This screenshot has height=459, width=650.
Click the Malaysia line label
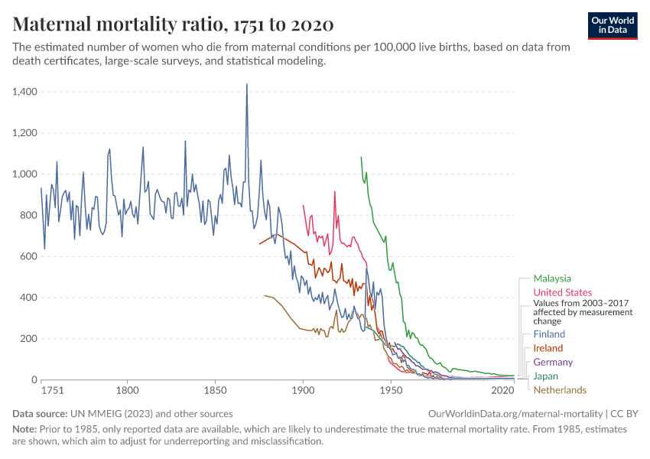coord(552,278)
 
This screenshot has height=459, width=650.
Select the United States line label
coord(562,292)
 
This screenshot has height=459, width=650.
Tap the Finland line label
coord(549,334)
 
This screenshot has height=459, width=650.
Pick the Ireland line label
coord(548,348)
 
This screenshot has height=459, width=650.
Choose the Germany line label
coord(553,362)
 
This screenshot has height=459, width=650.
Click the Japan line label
coord(546,376)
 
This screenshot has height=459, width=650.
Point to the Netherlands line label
coord(560,390)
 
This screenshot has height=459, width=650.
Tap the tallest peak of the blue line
coord(246,84)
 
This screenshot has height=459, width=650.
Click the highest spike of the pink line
coord(334,192)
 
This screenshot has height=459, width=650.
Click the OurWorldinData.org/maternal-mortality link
coord(516,413)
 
